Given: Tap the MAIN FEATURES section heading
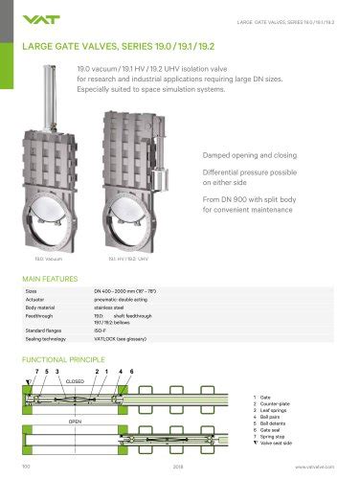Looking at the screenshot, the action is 48,279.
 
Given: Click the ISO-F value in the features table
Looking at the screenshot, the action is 101,327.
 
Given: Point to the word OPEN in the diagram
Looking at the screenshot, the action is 74,420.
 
